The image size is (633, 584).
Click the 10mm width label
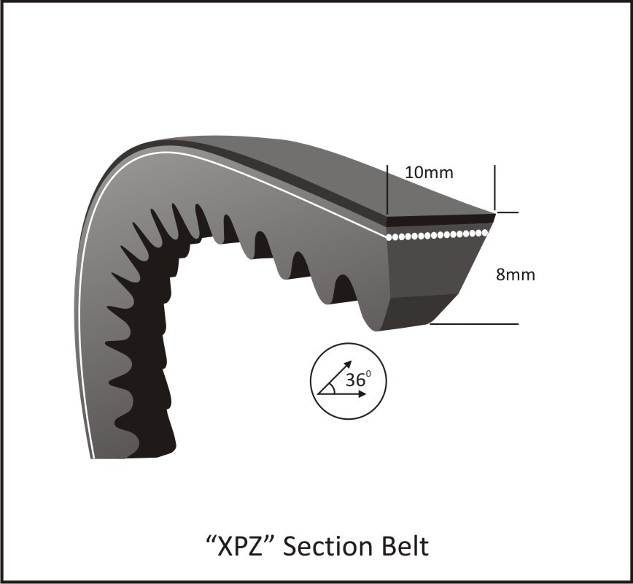pyautogui.click(x=429, y=172)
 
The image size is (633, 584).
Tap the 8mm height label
pyautogui.click(x=515, y=275)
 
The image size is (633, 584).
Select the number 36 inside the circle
pyautogui.click(x=355, y=380)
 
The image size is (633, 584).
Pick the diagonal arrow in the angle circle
pyautogui.click(x=338, y=374)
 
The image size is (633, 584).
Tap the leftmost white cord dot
pyautogui.click(x=390, y=237)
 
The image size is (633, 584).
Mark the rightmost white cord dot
pyautogui.click(x=485, y=232)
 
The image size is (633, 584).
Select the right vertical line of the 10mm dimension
pyautogui.click(x=494, y=187)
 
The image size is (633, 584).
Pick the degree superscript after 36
pyautogui.click(x=369, y=375)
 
